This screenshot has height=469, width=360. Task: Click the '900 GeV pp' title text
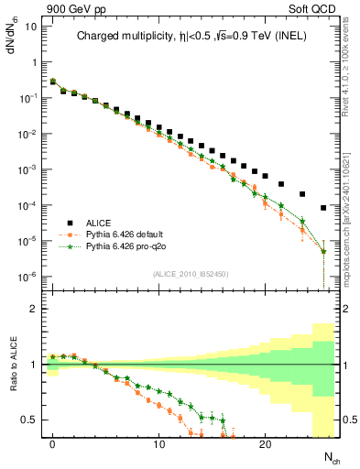pos(67,7)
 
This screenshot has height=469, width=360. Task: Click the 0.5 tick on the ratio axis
pos(29,420)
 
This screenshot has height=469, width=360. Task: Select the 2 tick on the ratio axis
pos(34,309)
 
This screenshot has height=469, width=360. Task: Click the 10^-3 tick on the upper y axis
pos(27,169)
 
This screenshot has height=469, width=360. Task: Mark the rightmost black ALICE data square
pos(323,208)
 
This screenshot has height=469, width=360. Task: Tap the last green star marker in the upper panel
pos(323,251)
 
